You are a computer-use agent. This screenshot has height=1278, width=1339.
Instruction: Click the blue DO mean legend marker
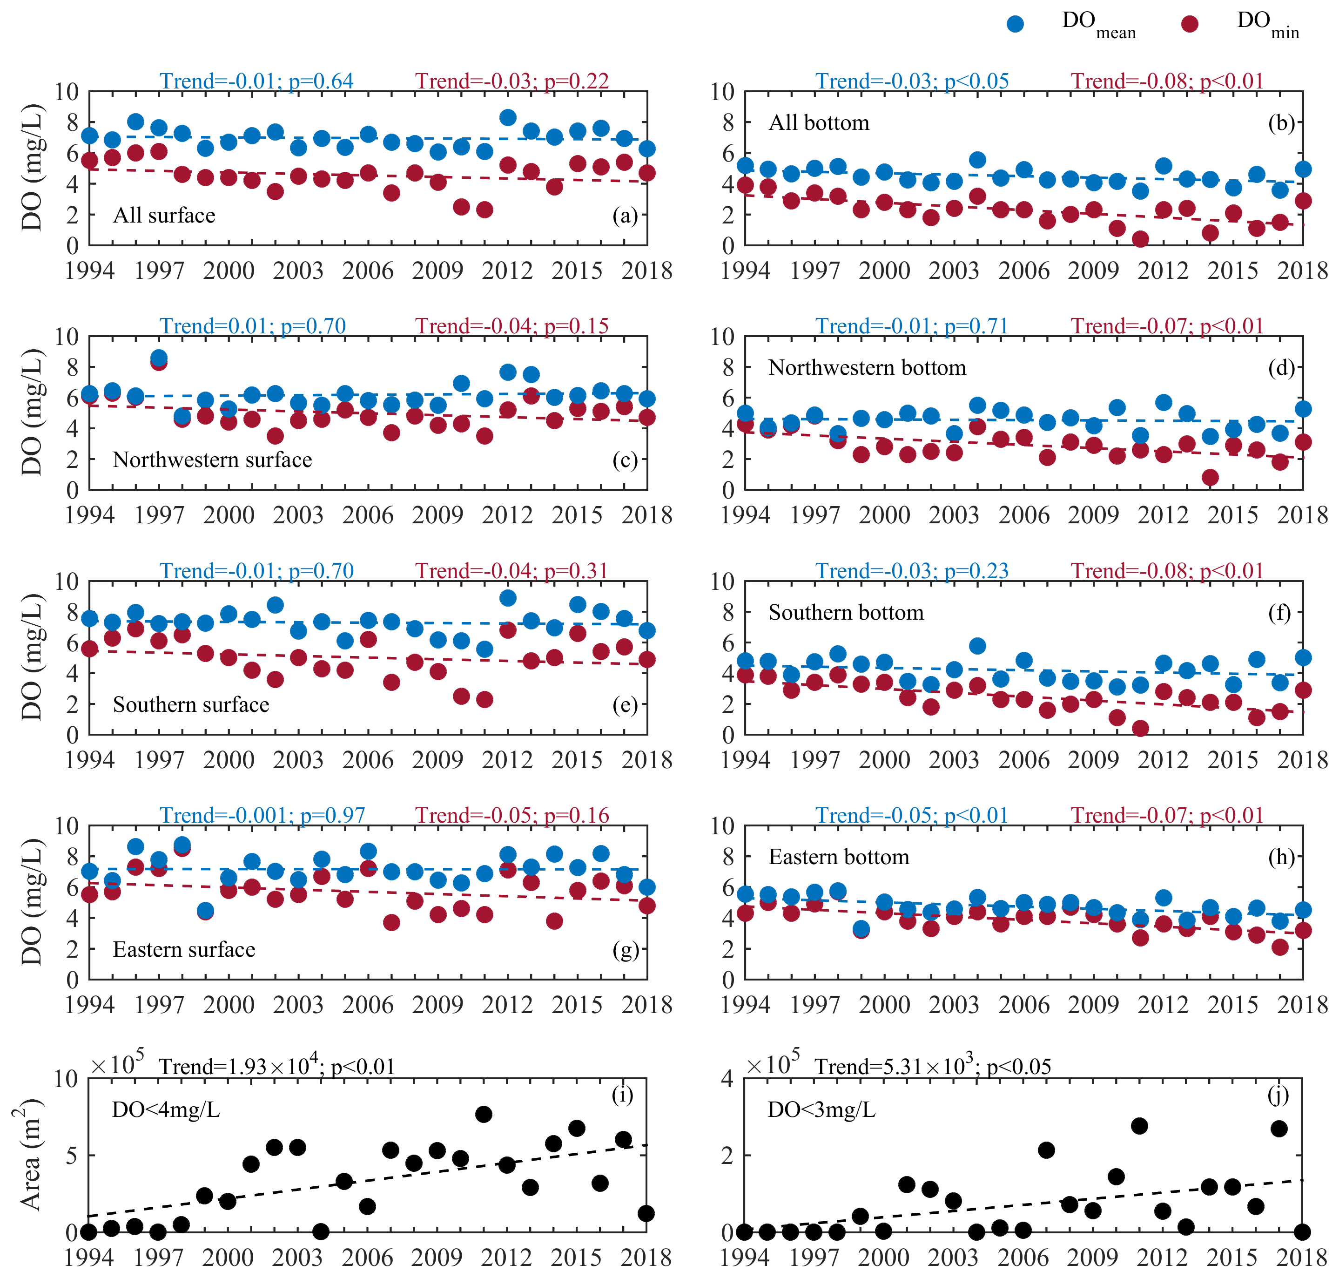click(1015, 24)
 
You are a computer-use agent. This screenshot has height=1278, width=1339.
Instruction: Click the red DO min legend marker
click(1189, 24)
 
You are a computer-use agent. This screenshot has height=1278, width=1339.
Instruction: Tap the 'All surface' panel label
click(164, 215)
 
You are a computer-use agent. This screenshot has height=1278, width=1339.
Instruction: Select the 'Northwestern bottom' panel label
click(867, 368)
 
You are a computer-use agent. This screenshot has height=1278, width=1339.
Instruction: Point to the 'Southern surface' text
click(191, 704)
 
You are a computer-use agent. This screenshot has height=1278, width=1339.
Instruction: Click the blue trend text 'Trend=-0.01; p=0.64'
click(257, 81)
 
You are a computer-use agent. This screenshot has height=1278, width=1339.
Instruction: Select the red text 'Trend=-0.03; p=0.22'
click(512, 81)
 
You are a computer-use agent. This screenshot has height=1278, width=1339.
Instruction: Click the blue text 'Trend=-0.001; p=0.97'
click(262, 815)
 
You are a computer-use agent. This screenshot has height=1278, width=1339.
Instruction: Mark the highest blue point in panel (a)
click(507, 118)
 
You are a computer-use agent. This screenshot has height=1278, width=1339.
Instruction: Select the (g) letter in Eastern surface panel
click(625, 950)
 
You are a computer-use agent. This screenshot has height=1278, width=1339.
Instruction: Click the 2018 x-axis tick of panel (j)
click(1302, 1258)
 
